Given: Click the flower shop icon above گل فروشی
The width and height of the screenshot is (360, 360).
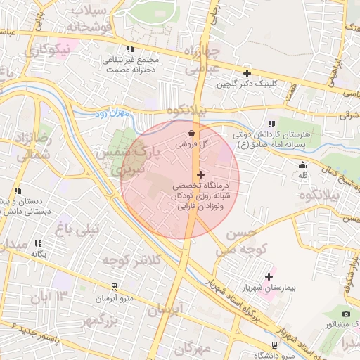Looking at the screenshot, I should point(192,132).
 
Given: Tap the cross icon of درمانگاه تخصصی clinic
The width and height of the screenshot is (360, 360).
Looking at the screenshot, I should point(201,174).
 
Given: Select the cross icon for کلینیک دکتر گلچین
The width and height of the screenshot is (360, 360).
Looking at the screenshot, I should point(247,73).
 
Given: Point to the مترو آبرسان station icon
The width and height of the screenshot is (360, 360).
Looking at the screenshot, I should point(114,286).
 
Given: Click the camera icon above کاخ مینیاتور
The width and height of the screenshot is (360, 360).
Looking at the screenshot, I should point(346,314).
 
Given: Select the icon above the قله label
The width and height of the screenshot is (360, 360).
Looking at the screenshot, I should point(303,165).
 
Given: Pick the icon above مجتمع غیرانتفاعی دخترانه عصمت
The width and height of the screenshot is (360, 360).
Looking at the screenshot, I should point(130,49).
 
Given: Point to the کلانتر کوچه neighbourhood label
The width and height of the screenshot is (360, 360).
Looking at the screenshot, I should point(131,261).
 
